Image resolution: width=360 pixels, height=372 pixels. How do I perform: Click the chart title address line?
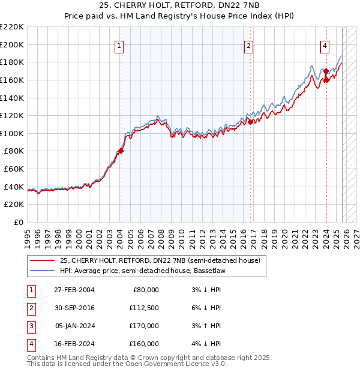click(x=180, y=5)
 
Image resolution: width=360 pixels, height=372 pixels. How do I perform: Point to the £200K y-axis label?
click(x=12, y=44)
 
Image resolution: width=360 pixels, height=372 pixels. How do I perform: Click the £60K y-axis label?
click(x=14, y=169)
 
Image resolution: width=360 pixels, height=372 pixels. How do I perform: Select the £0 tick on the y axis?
click(x=19, y=223)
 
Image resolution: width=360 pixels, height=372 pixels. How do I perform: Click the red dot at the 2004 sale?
click(x=121, y=151)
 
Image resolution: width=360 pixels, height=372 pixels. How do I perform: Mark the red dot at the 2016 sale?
click(x=250, y=122)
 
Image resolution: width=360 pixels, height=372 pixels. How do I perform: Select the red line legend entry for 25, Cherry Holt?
click(x=160, y=261)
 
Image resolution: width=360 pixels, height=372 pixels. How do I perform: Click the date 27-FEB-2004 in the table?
click(x=74, y=290)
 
